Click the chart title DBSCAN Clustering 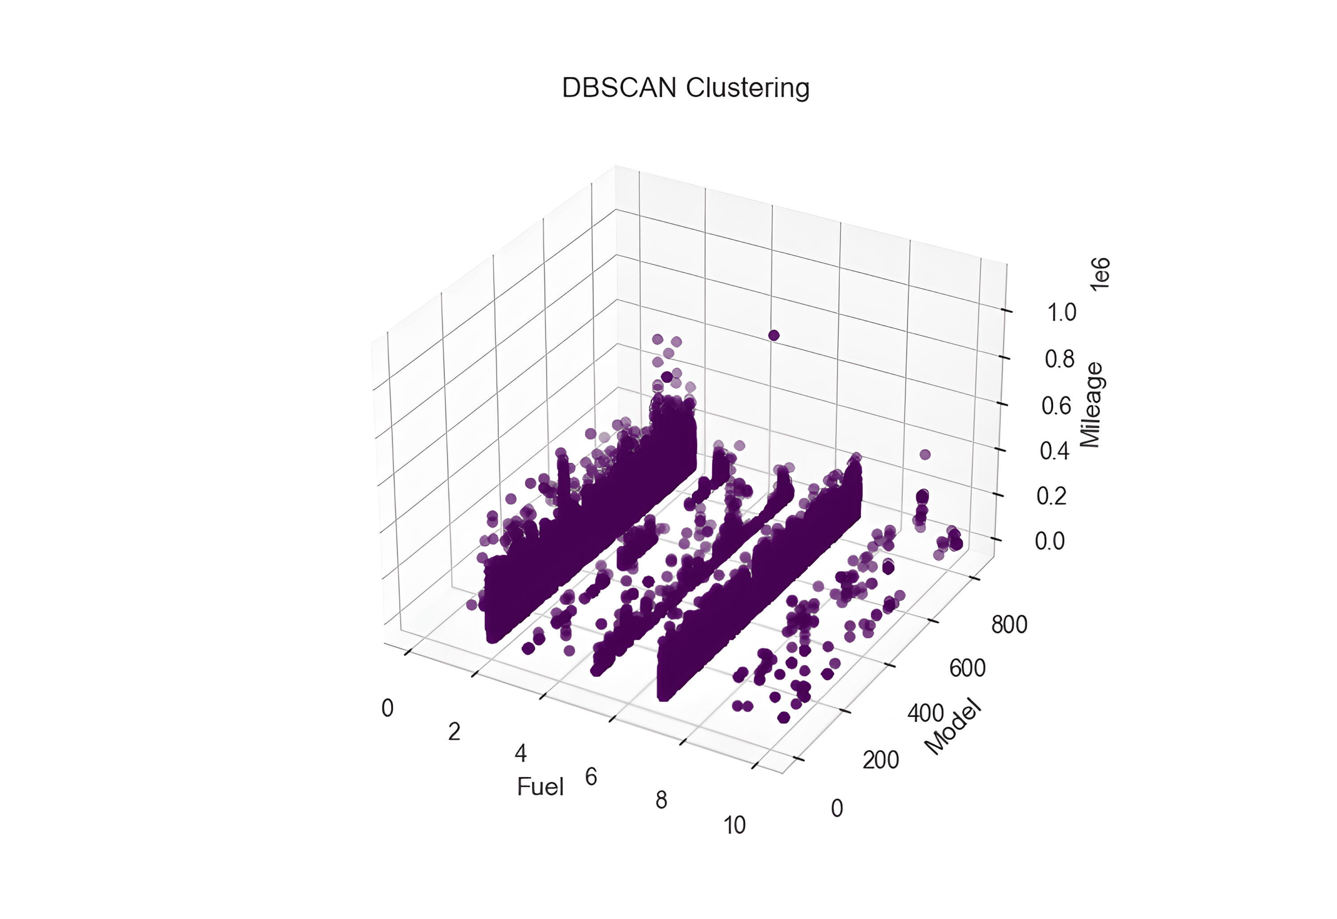[x=685, y=88]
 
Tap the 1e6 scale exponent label [x=1100, y=275]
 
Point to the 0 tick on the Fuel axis [x=388, y=708]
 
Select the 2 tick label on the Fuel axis [x=454, y=732]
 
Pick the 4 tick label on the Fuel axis [x=521, y=753]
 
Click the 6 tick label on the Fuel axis [x=591, y=777]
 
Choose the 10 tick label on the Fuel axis [x=734, y=825]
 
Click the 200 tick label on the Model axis [x=880, y=760]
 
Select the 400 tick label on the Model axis [x=925, y=713]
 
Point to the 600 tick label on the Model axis [x=967, y=668]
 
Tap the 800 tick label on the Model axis [x=1009, y=624]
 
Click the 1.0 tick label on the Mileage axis [x=1061, y=313]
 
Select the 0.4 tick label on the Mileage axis [x=1054, y=451]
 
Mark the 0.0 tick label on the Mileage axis [x=1050, y=541]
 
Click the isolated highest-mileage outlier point [x=774, y=335]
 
